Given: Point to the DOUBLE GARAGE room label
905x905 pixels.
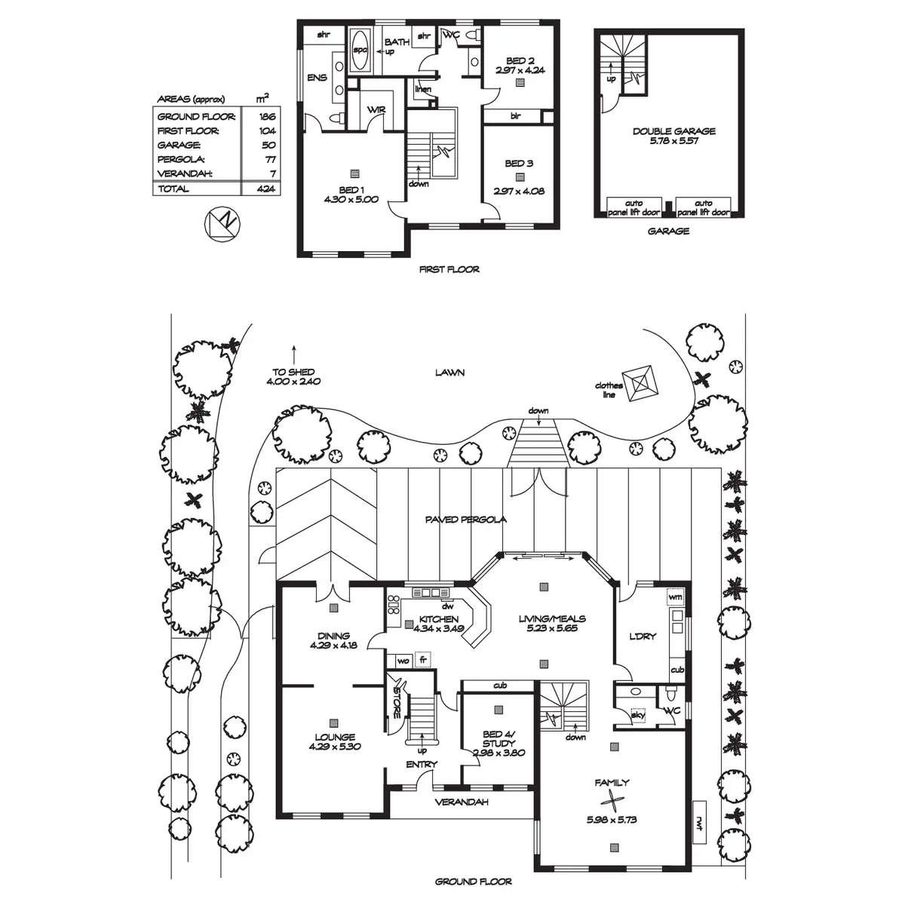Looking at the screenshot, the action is [673, 131].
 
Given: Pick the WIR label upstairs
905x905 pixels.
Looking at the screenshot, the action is [376, 110].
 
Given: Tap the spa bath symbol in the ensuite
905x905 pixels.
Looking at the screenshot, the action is [360, 50].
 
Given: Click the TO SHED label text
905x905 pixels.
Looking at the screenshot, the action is [293, 372].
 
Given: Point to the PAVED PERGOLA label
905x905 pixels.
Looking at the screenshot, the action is [465, 520].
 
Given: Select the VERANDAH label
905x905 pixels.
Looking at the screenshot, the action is [462, 802].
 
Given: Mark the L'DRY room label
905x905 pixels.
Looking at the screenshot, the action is [643, 636].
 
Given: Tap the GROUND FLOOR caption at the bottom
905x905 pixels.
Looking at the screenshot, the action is [474, 881].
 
